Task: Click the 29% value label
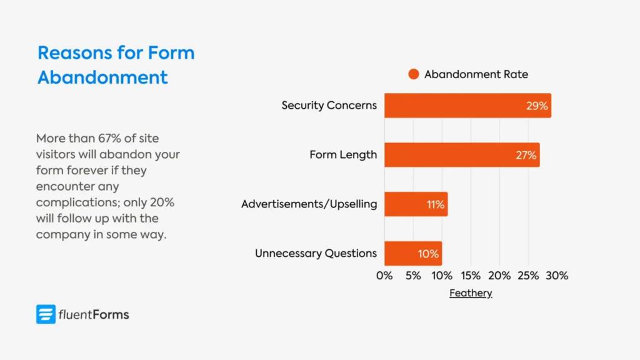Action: pyautogui.click(x=537, y=106)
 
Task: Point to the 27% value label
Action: pyautogui.click(x=526, y=155)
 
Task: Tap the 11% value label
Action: pyautogui.click(x=435, y=204)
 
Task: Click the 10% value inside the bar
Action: pyautogui.click(x=429, y=254)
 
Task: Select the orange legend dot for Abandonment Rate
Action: pyautogui.click(x=413, y=74)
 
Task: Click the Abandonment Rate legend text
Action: pyautogui.click(x=476, y=74)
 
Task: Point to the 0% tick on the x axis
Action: pyautogui.click(x=384, y=276)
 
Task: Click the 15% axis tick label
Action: pyautogui.click(x=471, y=276)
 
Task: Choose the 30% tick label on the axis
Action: pyautogui.click(x=557, y=276)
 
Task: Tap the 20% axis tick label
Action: pyautogui.click(x=499, y=276)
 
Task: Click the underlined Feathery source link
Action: pyautogui.click(x=471, y=293)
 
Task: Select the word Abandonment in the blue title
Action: pyautogui.click(x=102, y=77)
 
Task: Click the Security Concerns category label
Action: pyautogui.click(x=329, y=105)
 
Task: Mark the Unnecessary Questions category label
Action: pyautogui.click(x=316, y=253)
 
